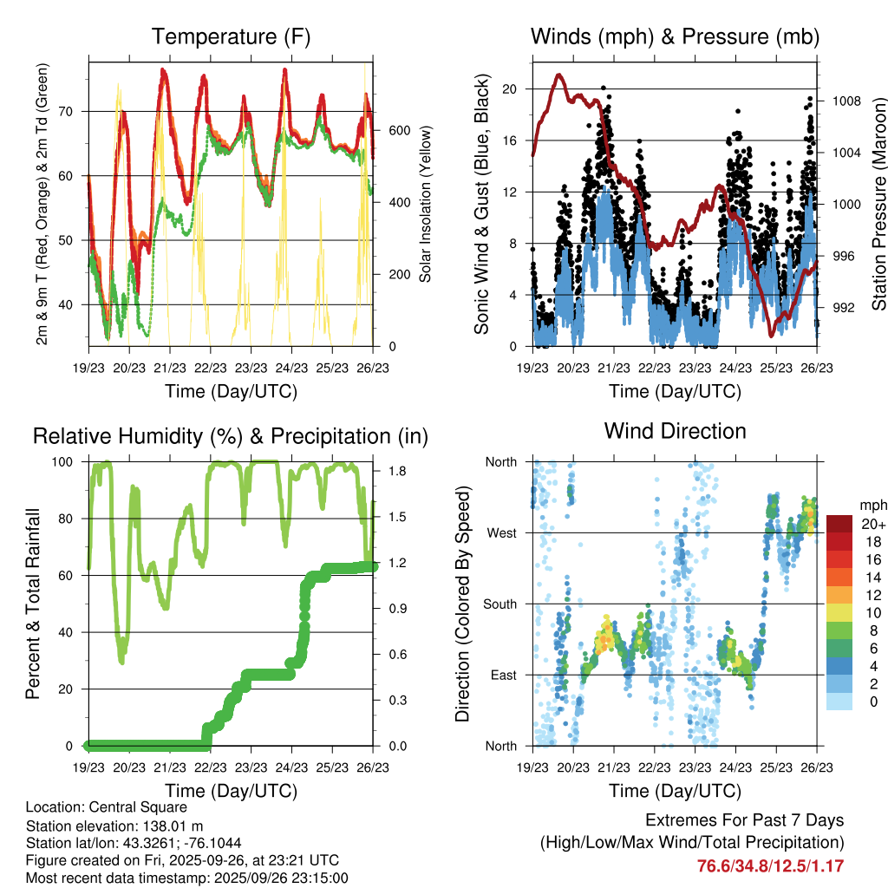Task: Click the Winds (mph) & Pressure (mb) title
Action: coord(675,36)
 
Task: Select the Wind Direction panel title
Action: coord(675,430)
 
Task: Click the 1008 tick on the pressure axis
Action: coord(845,101)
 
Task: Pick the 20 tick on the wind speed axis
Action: coord(510,89)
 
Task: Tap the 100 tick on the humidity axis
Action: coord(70,462)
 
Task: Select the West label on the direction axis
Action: coord(501,533)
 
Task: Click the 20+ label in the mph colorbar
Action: coord(872,524)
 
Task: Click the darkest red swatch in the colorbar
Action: coord(839,524)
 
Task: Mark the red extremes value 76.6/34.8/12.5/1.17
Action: coord(771,865)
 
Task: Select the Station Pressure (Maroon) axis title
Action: coord(878,204)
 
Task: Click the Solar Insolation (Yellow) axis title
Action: coord(425,204)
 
